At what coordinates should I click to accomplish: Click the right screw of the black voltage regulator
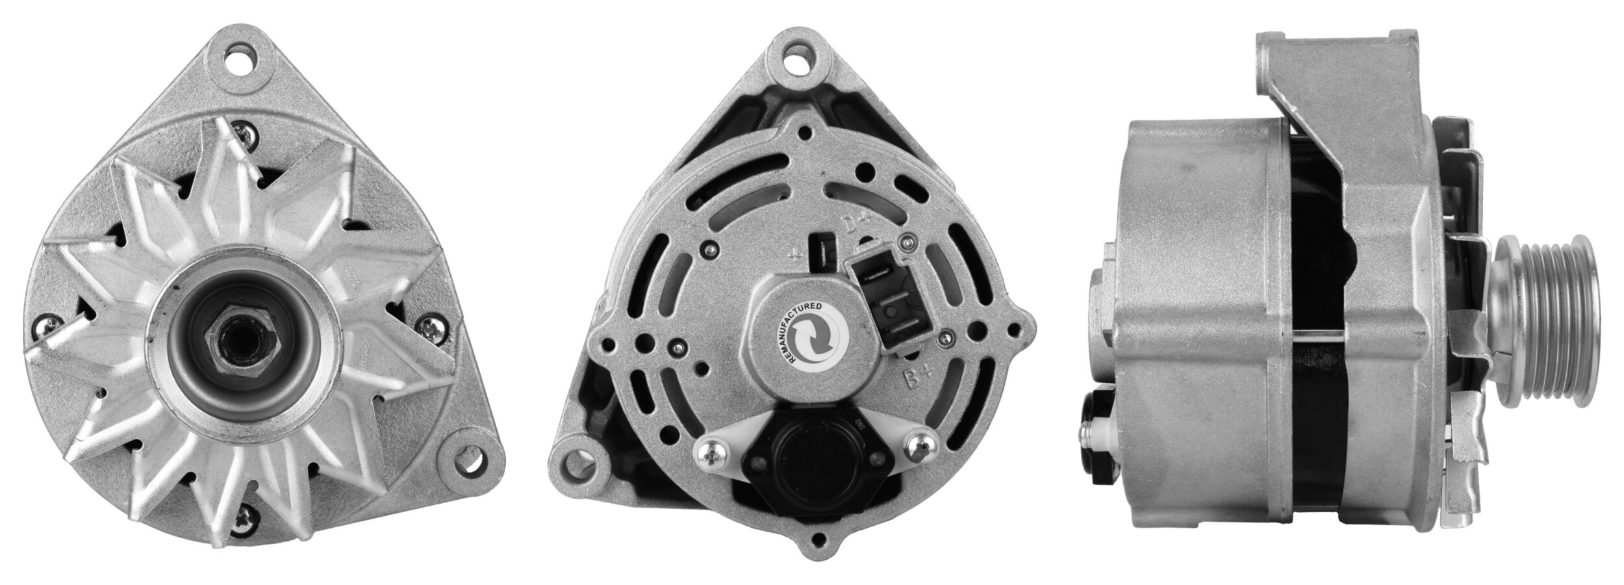pyautogui.click(x=918, y=443)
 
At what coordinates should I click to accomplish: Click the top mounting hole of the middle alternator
pyautogui.click(x=802, y=66)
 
